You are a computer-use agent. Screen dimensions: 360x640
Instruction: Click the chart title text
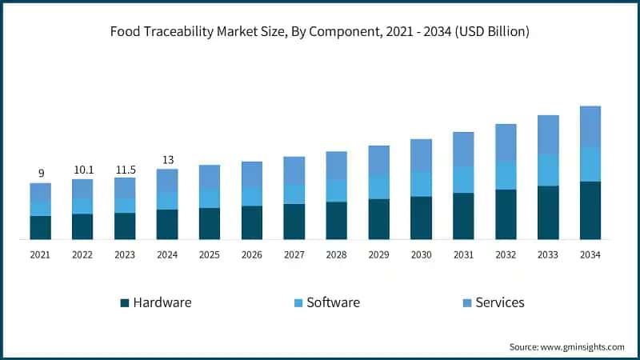tap(320, 32)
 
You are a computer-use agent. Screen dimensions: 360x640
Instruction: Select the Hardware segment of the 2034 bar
tap(590, 210)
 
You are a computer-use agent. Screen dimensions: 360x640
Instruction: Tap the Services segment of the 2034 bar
tap(590, 126)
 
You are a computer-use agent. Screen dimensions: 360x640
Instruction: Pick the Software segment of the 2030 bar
tap(421, 184)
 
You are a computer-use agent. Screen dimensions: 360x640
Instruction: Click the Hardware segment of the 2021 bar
tap(41, 227)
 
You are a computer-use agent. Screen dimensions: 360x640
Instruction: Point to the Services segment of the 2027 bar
tap(294, 170)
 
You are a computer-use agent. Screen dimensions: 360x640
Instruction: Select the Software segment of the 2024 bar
tap(167, 200)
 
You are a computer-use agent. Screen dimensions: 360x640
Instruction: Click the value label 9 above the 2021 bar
tap(41, 173)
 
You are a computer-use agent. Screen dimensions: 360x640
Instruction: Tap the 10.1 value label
tap(82, 169)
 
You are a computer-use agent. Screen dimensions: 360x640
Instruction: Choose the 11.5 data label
tap(125, 169)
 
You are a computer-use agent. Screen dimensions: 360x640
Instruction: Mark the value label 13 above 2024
tap(167, 159)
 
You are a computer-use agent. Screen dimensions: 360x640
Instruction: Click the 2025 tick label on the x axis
tap(210, 254)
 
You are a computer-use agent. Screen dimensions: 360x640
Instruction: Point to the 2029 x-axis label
tap(378, 254)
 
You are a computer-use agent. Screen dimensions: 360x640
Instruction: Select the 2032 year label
tap(506, 254)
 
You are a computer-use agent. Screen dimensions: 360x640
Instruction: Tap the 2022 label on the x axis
tap(82, 254)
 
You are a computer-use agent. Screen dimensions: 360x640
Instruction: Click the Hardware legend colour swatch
tap(124, 303)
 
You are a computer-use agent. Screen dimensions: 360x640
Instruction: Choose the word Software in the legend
tap(333, 302)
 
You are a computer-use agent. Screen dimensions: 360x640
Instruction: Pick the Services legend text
tap(500, 302)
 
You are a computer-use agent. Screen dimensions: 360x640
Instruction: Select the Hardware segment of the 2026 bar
tap(252, 222)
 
